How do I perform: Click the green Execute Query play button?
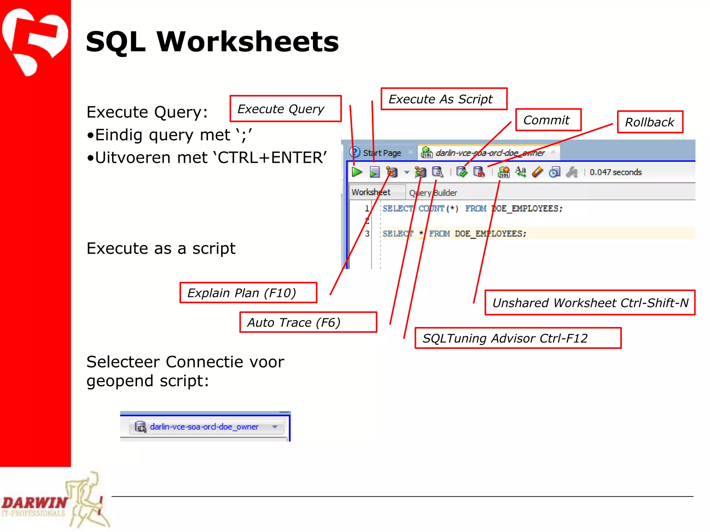click(357, 172)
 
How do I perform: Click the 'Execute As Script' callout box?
click(444, 99)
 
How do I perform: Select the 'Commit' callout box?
click(548, 120)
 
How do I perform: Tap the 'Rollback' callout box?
click(650, 122)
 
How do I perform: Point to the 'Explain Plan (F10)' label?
click(248, 293)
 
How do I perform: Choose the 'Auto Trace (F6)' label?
click(308, 322)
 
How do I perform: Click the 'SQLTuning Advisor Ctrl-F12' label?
click(518, 338)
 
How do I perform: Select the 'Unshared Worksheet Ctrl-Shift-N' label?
click(590, 303)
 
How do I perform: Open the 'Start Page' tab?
click(382, 153)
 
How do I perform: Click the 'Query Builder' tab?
click(433, 193)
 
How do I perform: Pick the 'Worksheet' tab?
click(371, 192)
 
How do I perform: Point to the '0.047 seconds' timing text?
click(615, 172)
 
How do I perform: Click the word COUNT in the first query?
click(431, 209)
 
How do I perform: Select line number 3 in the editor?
click(367, 234)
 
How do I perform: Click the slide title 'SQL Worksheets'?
click(212, 42)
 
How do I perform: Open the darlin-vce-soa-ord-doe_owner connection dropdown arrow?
click(275, 427)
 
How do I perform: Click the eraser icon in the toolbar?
click(538, 172)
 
